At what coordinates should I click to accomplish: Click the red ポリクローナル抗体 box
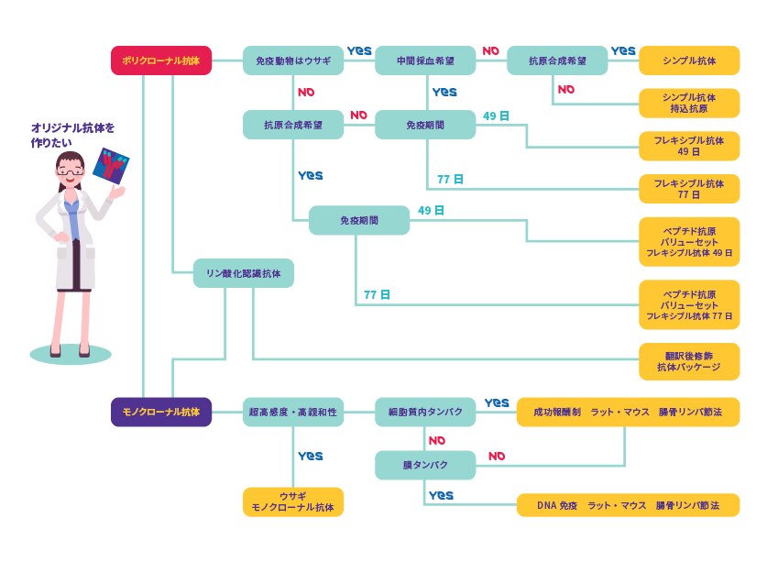point(160,61)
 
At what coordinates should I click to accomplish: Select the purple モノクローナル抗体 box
point(160,413)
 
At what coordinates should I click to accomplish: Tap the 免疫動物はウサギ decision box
point(293,61)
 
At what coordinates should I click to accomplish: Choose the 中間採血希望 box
point(425,61)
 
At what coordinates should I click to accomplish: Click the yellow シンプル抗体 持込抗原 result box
point(689,103)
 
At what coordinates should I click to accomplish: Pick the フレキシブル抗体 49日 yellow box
point(689,146)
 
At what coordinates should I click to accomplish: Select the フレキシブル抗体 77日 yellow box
point(689,189)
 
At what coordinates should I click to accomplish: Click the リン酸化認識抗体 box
point(244,273)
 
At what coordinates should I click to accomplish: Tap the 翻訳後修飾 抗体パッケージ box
point(689,361)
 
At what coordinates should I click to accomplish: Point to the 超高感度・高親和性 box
point(293,413)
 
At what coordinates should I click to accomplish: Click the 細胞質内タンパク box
point(425,413)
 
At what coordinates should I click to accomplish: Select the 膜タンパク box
point(425,465)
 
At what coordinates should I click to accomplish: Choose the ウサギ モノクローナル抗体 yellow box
point(293,501)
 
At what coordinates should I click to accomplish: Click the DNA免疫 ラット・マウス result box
point(628,505)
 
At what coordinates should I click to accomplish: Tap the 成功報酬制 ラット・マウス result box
point(628,413)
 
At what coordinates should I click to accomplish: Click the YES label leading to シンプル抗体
point(623,51)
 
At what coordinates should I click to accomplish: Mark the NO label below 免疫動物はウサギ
point(306,93)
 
